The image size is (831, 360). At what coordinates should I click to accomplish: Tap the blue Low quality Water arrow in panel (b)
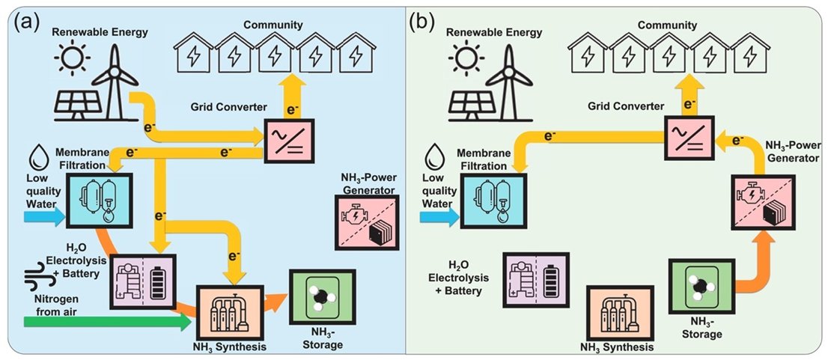pyautogui.click(x=436, y=217)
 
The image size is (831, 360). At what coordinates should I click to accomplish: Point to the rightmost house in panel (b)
pyautogui.click(x=758, y=54)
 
